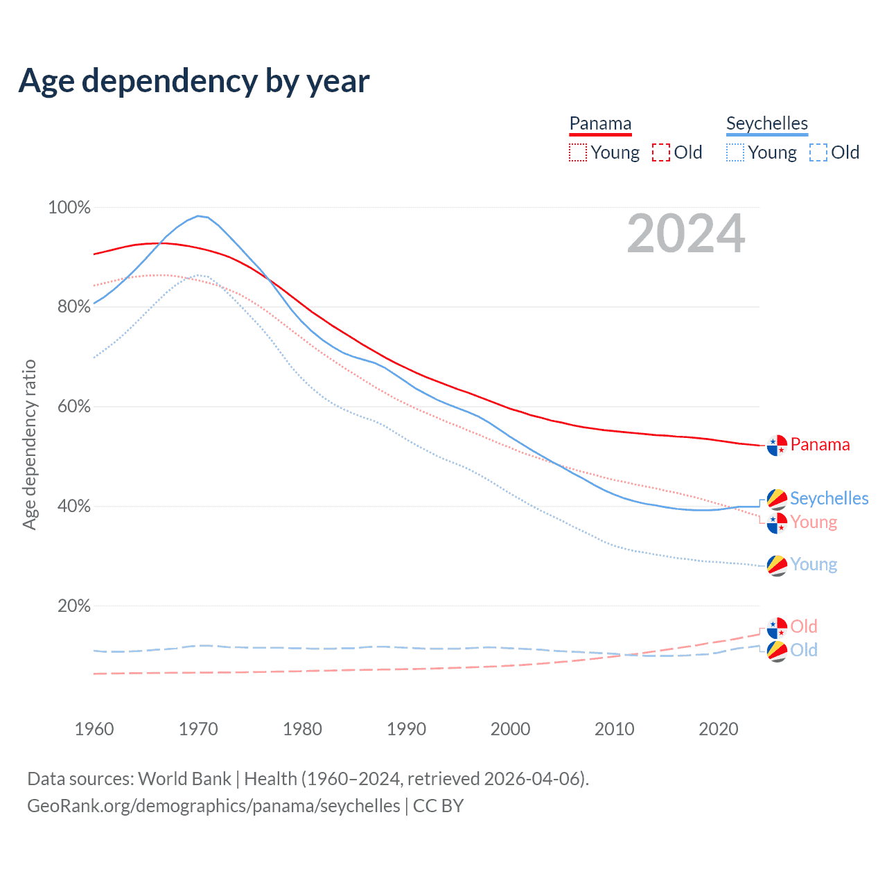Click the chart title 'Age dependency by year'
point(194,81)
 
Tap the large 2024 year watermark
point(685,234)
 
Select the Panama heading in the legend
point(600,124)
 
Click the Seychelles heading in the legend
point(766,124)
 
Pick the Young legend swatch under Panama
point(577,152)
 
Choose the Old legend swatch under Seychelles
point(818,152)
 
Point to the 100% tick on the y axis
point(69,207)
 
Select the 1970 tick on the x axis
point(198,729)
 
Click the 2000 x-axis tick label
point(511,729)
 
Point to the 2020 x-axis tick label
point(719,729)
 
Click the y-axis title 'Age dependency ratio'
point(29,444)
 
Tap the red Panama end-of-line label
point(820,445)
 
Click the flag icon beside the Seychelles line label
point(777,499)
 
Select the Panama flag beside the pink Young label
point(777,522)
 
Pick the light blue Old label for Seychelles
point(804,650)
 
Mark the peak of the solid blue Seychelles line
point(198,216)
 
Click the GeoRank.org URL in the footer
point(213,806)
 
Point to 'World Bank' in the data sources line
point(184,779)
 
